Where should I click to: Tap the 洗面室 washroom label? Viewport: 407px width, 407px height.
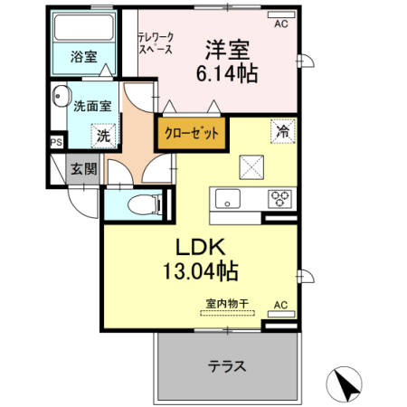(92, 105)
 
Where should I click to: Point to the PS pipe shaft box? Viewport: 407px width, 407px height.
(56, 141)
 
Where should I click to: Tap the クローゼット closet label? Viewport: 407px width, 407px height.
(192, 133)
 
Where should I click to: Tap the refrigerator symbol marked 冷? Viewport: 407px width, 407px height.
(282, 132)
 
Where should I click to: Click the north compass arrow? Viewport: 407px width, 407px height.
(345, 384)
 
